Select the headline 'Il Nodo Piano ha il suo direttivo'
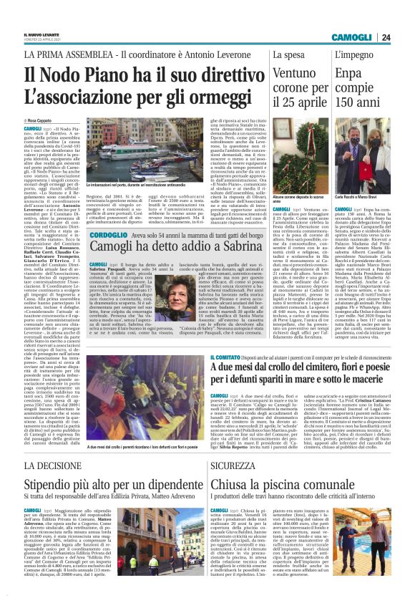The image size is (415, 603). [x=130, y=74]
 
